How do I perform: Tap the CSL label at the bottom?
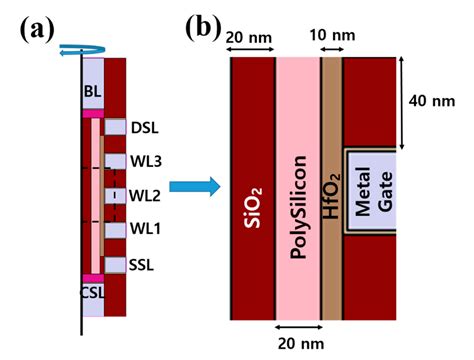click(93, 297)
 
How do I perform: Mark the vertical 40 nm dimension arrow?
click(403, 100)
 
